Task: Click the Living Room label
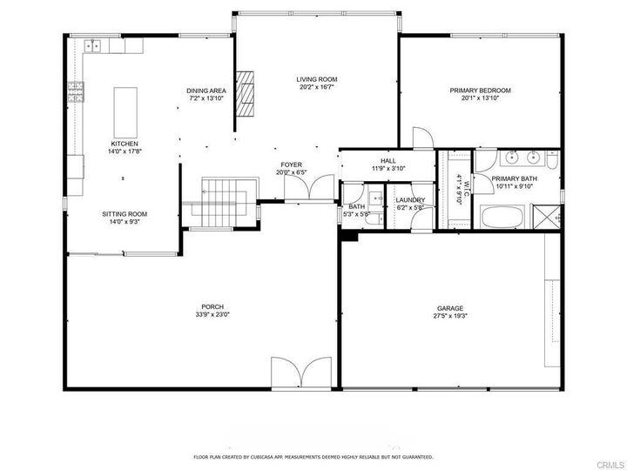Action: point(317,79)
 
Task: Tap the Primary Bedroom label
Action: point(480,91)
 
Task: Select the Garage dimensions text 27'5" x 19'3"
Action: point(450,316)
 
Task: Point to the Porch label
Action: point(212,307)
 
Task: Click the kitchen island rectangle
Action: point(125,112)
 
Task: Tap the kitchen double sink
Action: point(92,46)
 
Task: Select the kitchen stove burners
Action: point(76,92)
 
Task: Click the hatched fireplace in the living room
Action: point(245,93)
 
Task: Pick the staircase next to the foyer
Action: point(224,203)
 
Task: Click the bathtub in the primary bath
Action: point(502,217)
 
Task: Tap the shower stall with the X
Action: point(546,216)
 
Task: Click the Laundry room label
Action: point(410,200)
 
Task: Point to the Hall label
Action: point(388,161)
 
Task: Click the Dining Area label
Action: point(206,91)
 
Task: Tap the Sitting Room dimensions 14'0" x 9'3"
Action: point(125,221)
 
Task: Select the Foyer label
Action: point(291,165)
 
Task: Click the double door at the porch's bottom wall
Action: point(301,373)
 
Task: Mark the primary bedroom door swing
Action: point(423,138)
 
